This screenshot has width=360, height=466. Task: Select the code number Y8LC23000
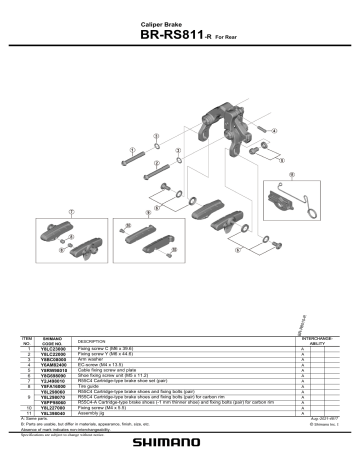tap(54, 349)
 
